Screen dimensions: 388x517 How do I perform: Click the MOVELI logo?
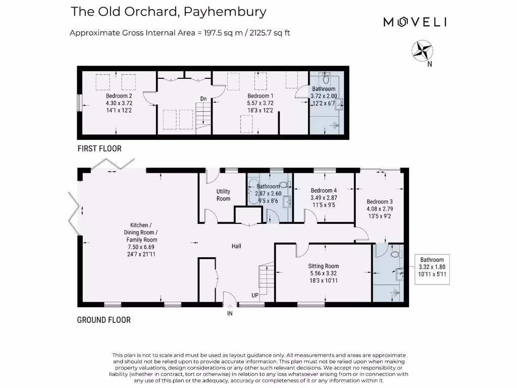tap(415, 22)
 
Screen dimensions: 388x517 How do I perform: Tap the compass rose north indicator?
tap(423, 51)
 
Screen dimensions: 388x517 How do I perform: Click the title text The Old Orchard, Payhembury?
tap(169, 11)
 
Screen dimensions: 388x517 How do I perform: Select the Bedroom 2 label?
tap(119, 96)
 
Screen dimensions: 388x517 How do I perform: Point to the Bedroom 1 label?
tap(261, 96)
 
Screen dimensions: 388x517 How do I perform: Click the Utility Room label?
tap(223, 195)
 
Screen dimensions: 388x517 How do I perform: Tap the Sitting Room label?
tap(324, 266)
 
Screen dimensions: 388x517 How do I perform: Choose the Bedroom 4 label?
tap(324, 190)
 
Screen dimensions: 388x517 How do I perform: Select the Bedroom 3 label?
tap(380, 202)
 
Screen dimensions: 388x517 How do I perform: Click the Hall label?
tap(236, 246)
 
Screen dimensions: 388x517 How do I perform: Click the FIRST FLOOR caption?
tap(99, 149)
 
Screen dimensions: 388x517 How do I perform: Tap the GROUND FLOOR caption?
tap(104, 320)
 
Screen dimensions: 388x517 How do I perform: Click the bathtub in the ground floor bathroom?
tap(253, 190)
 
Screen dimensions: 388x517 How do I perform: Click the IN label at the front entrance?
tap(230, 313)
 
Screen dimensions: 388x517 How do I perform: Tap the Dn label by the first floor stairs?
tap(203, 99)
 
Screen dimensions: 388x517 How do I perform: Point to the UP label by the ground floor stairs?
tap(255, 295)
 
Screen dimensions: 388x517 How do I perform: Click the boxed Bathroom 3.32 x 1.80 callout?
tap(432, 269)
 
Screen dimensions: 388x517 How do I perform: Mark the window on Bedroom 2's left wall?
tap(79, 103)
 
